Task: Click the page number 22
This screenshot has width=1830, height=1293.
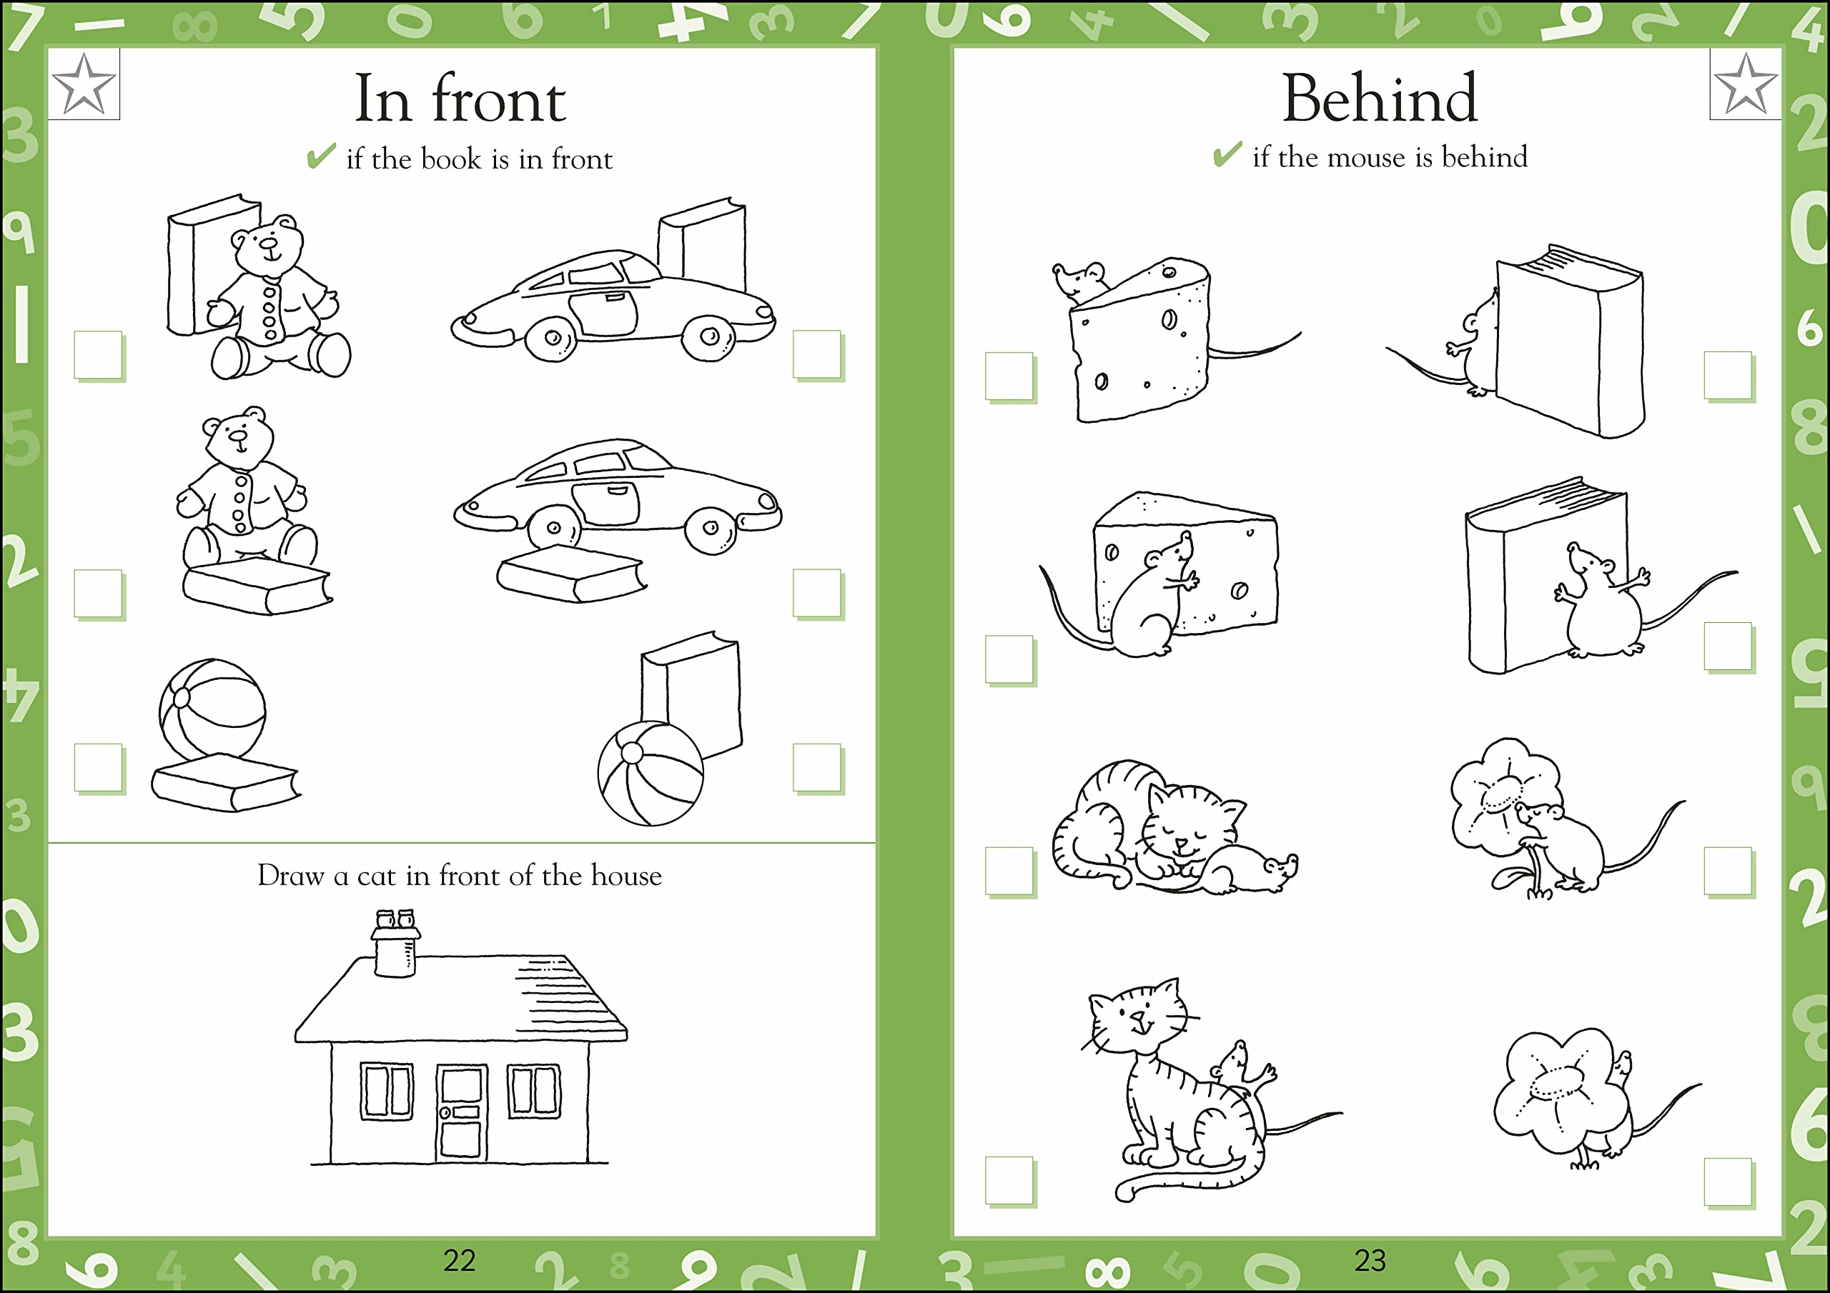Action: click(x=459, y=1260)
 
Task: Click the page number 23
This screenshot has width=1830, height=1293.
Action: click(x=1370, y=1260)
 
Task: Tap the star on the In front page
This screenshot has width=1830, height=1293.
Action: click(x=84, y=84)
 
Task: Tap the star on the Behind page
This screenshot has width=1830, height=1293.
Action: click(x=1745, y=84)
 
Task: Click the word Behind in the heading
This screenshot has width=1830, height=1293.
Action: click(x=1379, y=99)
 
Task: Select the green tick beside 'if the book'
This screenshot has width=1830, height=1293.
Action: click(x=320, y=156)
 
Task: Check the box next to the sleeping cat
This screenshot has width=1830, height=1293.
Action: click(x=1009, y=871)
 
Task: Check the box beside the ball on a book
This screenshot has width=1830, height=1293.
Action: click(x=98, y=767)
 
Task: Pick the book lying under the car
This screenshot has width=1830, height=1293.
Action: click(x=570, y=573)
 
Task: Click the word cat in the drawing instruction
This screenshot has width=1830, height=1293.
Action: click(x=376, y=877)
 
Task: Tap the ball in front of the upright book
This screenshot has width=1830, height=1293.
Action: click(x=651, y=774)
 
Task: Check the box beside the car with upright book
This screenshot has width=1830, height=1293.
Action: click(x=817, y=354)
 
